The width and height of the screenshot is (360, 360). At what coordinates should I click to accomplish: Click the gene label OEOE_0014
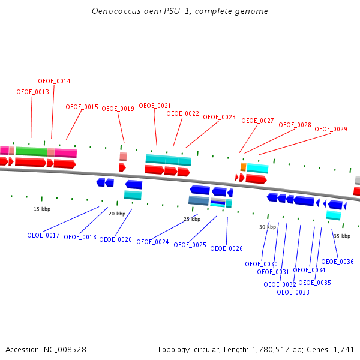[x=54, y=81]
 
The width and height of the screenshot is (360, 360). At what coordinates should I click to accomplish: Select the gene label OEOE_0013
[x=32, y=92]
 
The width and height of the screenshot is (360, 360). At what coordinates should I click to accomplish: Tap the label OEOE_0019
[x=118, y=109]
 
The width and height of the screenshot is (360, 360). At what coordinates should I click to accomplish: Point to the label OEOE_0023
[x=219, y=117]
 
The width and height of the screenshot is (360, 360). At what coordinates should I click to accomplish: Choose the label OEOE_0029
[x=331, y=129]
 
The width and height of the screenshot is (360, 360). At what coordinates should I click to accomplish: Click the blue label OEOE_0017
[x=43, y=235]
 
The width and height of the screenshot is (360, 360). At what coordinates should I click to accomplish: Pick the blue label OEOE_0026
[x=226, y=248]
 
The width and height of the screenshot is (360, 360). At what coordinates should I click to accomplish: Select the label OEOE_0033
[x=293, y=292]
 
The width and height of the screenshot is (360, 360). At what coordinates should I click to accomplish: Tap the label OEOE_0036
[x=337, y=262]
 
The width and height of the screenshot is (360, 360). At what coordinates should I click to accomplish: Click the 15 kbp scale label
[x=41, y=209]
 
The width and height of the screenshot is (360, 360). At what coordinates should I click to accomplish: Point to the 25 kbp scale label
[x=191, y=219]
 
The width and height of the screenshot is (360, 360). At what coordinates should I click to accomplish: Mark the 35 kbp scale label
[x=341, y=236]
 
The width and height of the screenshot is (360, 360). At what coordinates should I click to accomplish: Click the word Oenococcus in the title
[x=114, y=11]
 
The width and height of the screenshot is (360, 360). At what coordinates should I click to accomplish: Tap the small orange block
[x=243, y=166]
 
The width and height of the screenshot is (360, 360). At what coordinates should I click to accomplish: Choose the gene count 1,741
[x=344, y=349]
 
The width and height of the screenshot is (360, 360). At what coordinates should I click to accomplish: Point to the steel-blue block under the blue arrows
[x=199, y=200]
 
